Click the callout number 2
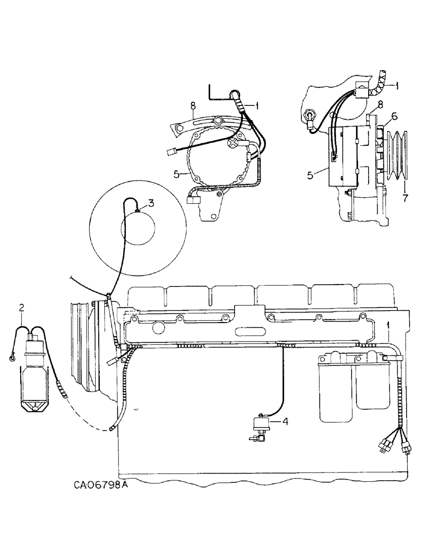(21, 307)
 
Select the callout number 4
(286, 422)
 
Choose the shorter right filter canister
(370, 384)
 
